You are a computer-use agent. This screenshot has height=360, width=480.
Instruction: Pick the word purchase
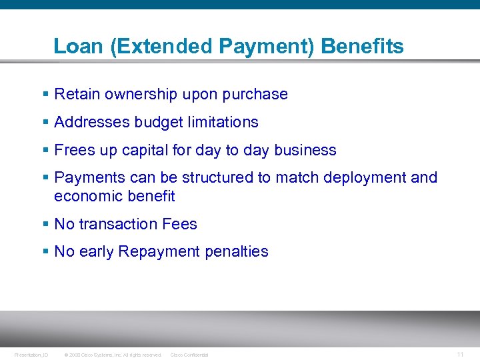(257, 95)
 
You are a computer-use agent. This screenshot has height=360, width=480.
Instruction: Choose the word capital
(145, 151)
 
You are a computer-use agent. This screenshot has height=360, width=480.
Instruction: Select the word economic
(84, 197)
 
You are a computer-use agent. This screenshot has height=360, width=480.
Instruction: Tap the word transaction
(114, 225)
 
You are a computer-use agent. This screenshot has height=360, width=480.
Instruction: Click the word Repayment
(159, 252)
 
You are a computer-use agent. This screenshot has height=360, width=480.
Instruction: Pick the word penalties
(237, 252)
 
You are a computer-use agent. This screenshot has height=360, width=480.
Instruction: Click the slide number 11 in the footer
(460, 354)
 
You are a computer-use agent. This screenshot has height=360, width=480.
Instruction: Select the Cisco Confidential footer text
(189, 355)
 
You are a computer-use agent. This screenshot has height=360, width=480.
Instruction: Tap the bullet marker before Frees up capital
(45, 151)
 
